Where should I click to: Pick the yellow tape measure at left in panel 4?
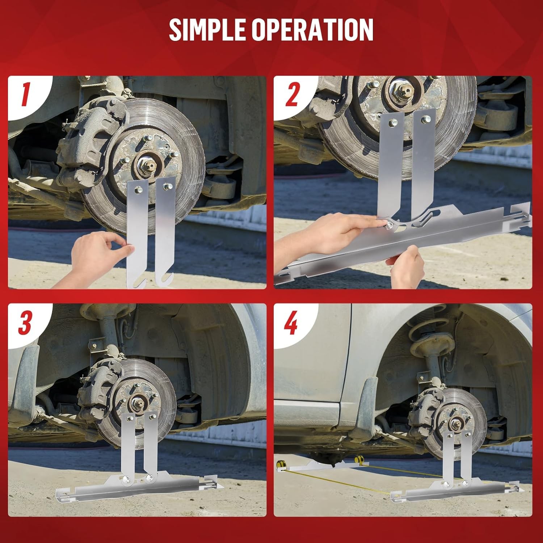282,465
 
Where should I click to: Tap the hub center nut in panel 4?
454,422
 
